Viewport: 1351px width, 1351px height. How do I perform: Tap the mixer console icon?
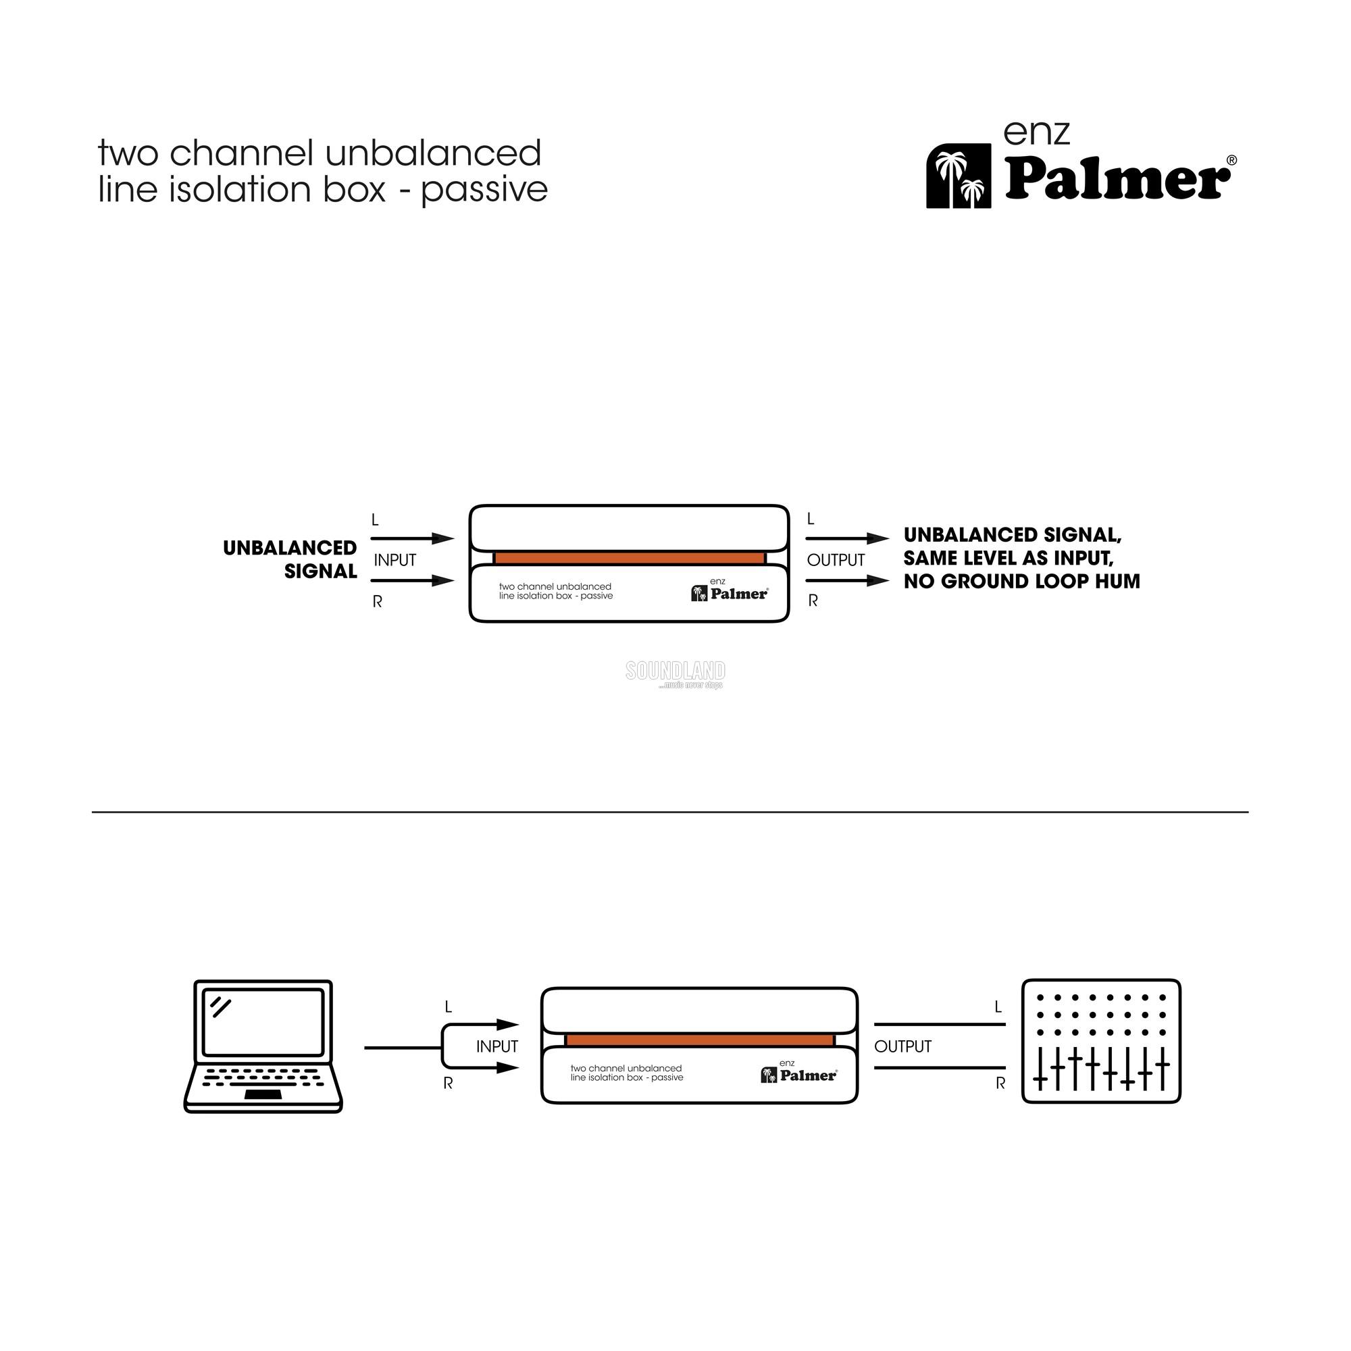click(x=1100, y=1041)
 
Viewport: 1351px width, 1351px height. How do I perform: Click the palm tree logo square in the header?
click(x=958, y=176)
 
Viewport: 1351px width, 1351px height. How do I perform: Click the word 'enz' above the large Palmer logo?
click(x=1036, y=133)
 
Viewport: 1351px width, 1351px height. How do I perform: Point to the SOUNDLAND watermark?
click(x=675, y=672)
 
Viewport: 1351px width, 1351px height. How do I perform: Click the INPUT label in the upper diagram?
click(x=395, y=560)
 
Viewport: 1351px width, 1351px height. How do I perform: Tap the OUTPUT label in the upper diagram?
click(x=836, y=560)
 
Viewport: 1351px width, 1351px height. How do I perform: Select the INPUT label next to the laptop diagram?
click(x=497, y=1046)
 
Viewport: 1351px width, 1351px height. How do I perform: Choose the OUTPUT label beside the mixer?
click(x=902, y=1046)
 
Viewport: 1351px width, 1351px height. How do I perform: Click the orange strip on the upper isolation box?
click(x=630, y=558)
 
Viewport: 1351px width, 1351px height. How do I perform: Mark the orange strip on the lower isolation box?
click(x=699, y=1040)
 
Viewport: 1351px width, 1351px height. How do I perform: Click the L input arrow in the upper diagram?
click(x=413, y=538)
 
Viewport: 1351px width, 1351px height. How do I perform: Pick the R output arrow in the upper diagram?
click(x=847, y=580)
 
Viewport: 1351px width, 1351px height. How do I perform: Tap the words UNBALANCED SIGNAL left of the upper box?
click(x=291, y=559)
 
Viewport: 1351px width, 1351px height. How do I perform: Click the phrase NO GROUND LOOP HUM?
click(x=1021, y=582)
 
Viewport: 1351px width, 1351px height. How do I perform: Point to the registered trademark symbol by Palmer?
click(x=1231, y=160)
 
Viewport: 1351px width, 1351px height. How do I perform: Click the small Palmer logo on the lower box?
click(x=799, y=1075)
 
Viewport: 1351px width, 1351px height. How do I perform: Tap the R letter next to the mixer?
click(x=1000, y=1084)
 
